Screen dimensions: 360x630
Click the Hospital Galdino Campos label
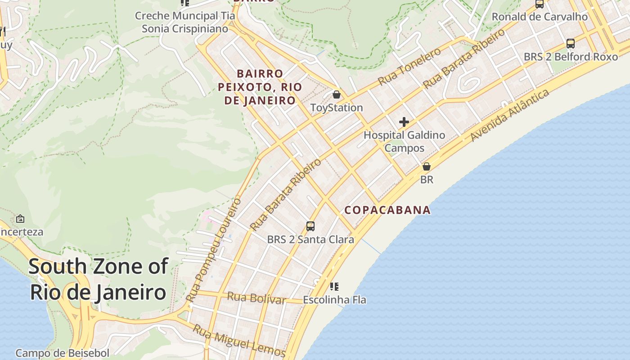pyautogui.click(x=404, y=141)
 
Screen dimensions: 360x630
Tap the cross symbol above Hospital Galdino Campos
pyautogui.click(x=404, y=122)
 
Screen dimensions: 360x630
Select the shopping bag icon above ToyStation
pyautogui.click(x=336, y=94)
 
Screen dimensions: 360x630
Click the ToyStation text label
pyautogui.click(x=336, y=108)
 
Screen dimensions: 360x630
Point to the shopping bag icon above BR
pyautogui.click(x=427, y=166)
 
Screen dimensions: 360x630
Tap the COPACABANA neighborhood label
pyautogui.click(x=387, y=210)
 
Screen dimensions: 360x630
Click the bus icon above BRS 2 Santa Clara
pyautogui.click(x=310, y=226)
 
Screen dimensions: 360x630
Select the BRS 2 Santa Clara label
pyautogui.click(x=310, y=239)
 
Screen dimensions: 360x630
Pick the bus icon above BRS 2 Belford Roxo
pyautogui.click(x=571, y=44)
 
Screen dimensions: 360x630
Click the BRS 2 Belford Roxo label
pyautogui.click(x=571, y=57)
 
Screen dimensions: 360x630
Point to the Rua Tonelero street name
pyautogui.click(x=409, y=67)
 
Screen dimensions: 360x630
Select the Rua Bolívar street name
pyautogui.click(x=256, y=298)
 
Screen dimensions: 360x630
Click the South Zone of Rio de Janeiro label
pyautogui.click(x=98, y=279)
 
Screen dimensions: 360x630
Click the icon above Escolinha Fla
pyautogui.click(x=334, y=286)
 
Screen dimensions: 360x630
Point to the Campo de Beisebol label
pyautogui.click(x=62, y=353)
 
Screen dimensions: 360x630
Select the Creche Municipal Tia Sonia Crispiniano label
pyautogui.click(x=185, y=22)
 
